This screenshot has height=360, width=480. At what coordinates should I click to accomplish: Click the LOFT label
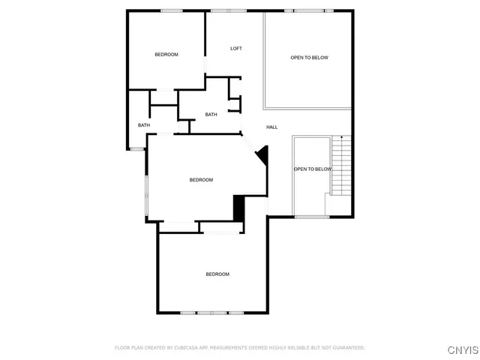pos(235,49)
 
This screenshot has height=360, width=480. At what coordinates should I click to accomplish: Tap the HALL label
pos(271,127)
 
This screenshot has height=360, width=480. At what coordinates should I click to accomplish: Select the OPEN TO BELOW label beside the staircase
pos(312,169)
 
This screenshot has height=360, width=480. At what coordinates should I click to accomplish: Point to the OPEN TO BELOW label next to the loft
pos(309,58)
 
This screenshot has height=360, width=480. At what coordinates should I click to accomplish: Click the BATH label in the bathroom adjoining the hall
pos(211,115)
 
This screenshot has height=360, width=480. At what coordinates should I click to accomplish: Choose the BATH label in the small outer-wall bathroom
pos(143,125)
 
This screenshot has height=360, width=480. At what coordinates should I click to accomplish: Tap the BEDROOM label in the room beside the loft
pos(166,54)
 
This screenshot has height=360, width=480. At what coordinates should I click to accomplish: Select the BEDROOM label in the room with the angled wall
pos(201,180)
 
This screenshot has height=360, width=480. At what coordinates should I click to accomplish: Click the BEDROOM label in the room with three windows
pos(217,274)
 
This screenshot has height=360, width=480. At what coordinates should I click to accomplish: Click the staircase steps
pos(341,169)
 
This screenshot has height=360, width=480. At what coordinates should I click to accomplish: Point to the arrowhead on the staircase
pos(342,137)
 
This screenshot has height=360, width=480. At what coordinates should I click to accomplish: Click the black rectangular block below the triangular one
pos(239,208)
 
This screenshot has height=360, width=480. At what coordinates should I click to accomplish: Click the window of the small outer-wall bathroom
pos(136,149)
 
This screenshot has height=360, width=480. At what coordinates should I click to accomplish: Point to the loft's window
pos(229,10)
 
